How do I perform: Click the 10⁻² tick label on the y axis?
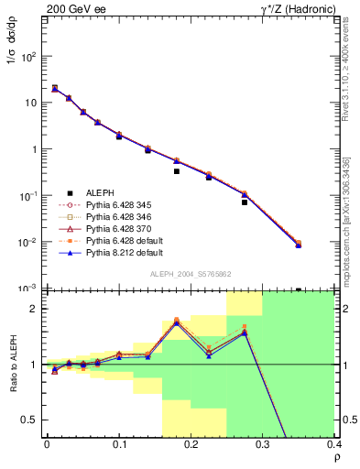click(x=27, y=243)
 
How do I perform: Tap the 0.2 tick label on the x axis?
click(x=191, y=443)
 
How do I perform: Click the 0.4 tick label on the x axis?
click(x=334, y=443)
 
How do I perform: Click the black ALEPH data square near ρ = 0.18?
click(x=177, y=171)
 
